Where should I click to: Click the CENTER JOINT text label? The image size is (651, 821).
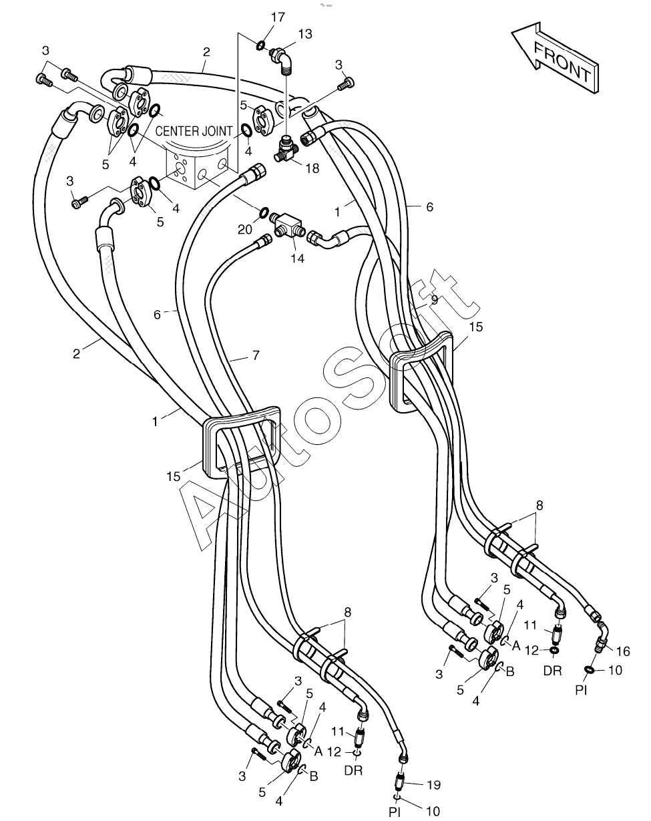point(194,132)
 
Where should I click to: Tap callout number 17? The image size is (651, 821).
point(278,18)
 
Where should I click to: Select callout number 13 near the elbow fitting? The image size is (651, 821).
point(305,34)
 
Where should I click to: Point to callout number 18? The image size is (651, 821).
point(312,168)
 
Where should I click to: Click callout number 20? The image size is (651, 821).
point(245,229)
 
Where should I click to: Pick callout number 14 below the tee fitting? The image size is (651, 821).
point(298,259)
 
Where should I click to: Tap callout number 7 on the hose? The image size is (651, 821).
point(256,355)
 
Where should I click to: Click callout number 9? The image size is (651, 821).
point(434,300)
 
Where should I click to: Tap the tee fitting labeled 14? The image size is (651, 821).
point(288,225)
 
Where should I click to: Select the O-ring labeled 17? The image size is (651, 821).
point(260,45)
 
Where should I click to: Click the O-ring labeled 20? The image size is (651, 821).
point(264,212)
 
